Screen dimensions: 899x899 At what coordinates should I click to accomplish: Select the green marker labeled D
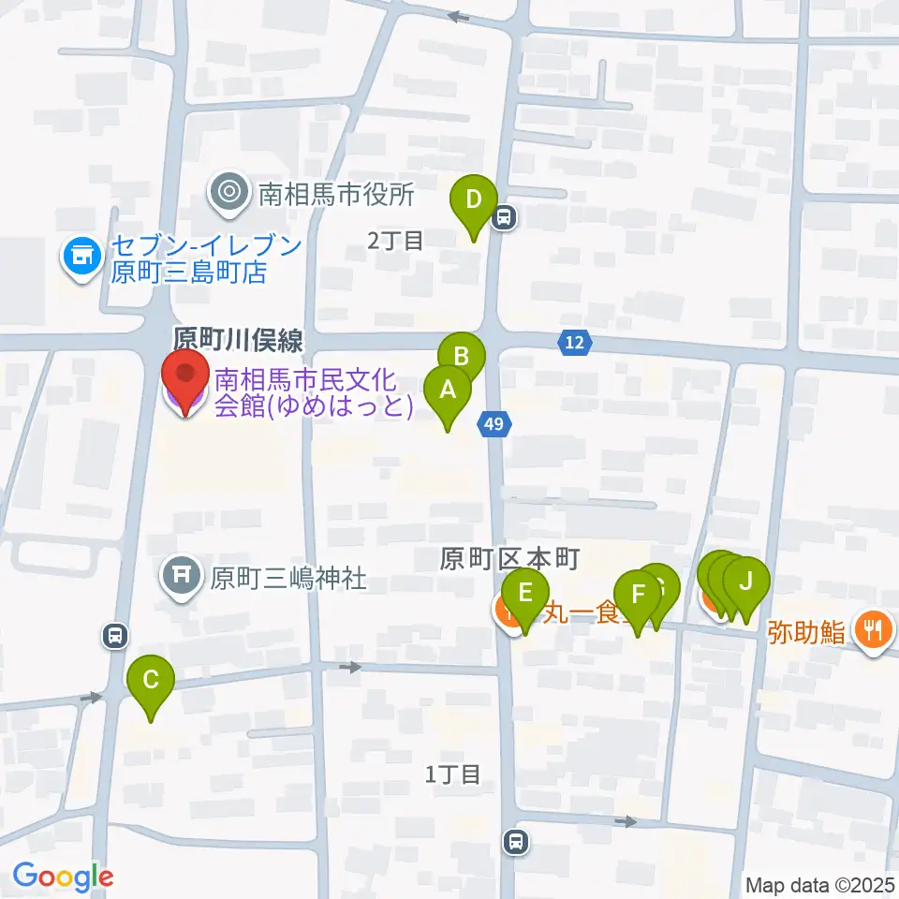pyautogui.click(x=474, y=200)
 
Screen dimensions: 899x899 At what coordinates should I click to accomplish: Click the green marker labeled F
pyautogui.click(x=639, y=595)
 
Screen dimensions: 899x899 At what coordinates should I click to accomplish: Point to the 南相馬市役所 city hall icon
pyautogui.click(x=228, y=195)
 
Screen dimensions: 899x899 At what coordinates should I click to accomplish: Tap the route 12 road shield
pyautogui.click(x=575, y=344)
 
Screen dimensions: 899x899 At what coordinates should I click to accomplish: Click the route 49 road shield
pyautogui.click(x=496, y=425)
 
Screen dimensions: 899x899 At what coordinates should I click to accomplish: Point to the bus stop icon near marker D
pyautogui.click(x=505, y=218)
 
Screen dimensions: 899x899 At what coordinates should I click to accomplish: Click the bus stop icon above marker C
pyautogui.click(x=114, y=637)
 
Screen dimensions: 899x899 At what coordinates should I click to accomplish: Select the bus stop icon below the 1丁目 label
pyautogui.click(x=514, y=842)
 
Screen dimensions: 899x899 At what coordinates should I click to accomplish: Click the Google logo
pyautogui.click(x=63, y=877)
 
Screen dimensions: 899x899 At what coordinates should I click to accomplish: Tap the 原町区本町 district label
pyautogui.click(x=511, y=560)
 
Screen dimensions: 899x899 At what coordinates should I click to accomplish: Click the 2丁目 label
pyautogui.click(x=395, y=242)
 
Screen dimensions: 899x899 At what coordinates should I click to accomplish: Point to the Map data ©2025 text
pyautogui.click(x=820, y=884)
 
